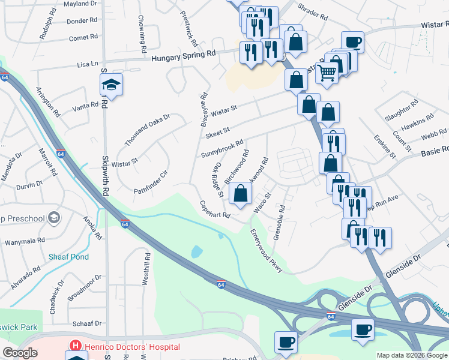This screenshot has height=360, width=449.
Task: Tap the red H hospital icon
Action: [x=76, y=346]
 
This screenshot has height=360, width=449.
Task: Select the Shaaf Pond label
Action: [x=68, y=257]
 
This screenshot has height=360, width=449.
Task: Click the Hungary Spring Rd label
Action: [x=184, y=54]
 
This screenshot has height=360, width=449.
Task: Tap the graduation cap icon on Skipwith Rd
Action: [x=112, y=86]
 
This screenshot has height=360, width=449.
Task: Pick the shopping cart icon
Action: [x=327, y=73]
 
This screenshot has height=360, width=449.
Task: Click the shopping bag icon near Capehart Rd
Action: [x=240, y=193]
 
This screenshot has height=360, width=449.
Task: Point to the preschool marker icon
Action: [x=55, y=217]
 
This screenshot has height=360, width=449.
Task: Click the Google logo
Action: [x=20, y=353]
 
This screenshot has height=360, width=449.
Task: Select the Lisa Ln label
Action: [x=88, y=64]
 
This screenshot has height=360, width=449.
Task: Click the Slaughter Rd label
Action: [x=402, y=112]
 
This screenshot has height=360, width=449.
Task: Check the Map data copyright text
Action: [x=412, y=355]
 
